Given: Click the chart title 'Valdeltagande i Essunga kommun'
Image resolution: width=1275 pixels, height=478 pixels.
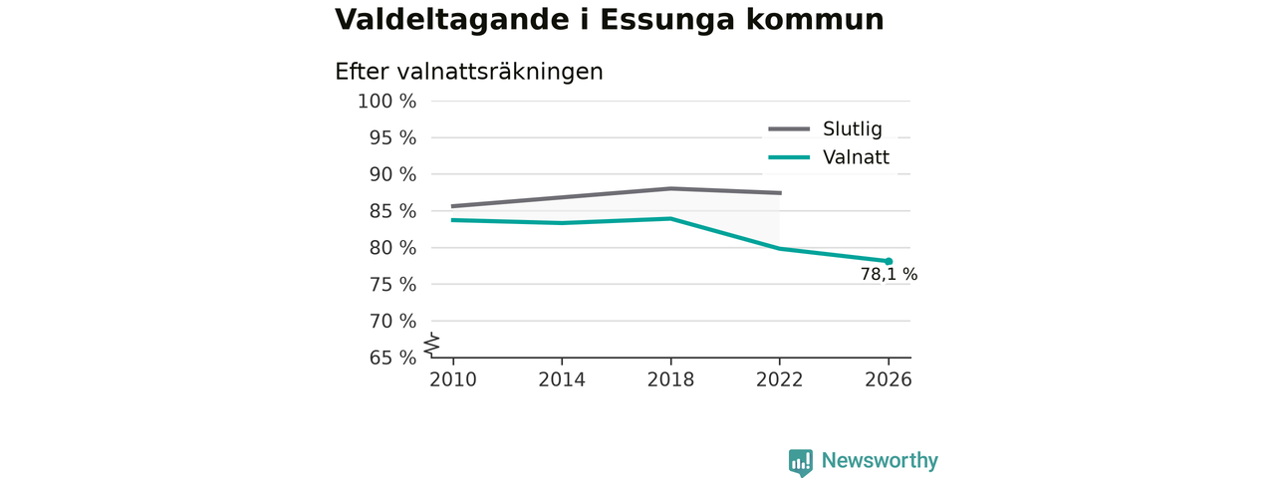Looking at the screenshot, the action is pyautogui.click(x=609, y=20).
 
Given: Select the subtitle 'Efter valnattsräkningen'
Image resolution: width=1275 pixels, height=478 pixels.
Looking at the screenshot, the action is pyautogui.click(x=469, y=73).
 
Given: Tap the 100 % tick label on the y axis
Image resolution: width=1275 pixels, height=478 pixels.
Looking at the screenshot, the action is pyautogui.click(x=387, y=102).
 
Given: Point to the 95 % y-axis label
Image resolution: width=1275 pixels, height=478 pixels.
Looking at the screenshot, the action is pyautogui.click(x=392, y=137).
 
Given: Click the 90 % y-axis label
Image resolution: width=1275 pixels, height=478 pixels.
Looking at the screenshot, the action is pyautogui.click(x=392, y=174).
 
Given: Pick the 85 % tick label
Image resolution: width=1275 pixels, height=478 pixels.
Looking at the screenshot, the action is pyautogui.click(x=392, y=211).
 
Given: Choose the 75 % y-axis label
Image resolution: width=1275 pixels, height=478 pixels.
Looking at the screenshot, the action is pyautogui.click(x=392, y=285).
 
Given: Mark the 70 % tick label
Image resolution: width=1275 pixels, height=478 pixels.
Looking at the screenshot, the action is pyautogui.click(x=392, y=321).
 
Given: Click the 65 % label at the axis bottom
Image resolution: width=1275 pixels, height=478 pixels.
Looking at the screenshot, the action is pyautogui.click(x=392, y=358).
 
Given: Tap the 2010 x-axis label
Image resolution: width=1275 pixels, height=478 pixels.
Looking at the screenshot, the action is pyautogui.click(x=453, y=379).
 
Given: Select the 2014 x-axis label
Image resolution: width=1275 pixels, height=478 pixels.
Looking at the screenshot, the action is pyautogui.click(x=562, y=379).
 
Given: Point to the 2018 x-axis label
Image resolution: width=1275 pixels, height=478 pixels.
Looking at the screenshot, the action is pyautogui.click(x=670, y=379).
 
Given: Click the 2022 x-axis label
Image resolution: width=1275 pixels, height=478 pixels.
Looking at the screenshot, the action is pyautogui.click(x=779, y=379).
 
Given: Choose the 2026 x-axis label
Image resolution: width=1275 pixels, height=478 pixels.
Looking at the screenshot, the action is pyautogui.click(x=888, y=379).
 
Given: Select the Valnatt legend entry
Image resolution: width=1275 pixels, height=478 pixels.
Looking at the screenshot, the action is pyautogui.click(x=829, y=157).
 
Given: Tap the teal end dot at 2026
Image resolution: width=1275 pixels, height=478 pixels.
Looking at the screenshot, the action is pyautogui.click(x=889, y=261).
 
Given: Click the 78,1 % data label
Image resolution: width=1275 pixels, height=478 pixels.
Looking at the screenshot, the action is pyautogui.click(x=889, y=275).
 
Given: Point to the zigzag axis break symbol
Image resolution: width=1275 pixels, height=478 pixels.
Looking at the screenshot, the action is pyautogui.click(x=432, y=345).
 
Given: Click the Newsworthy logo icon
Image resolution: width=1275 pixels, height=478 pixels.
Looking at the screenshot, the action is pyautogui.click(x=801, y=462).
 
